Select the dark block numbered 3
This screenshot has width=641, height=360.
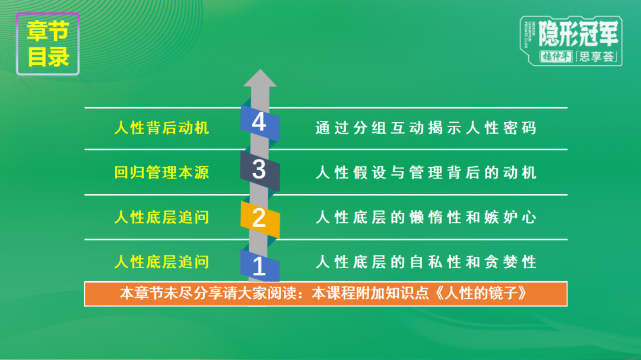click(x=259, y=170)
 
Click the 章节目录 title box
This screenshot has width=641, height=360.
click(x=48, y=45)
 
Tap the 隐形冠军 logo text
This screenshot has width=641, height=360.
click(x=579, y=33)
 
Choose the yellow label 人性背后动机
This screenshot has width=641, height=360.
click(x=161, y=128)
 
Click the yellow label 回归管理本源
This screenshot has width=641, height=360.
click(x=161, y=173)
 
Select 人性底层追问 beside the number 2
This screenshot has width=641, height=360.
click(x=161, y=217)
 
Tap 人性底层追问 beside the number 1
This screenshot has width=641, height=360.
click(x=161, y=262)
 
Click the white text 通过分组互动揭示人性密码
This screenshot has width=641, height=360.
click(x=426, y=128)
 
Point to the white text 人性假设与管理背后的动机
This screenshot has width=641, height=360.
click(x=426, y=173)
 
